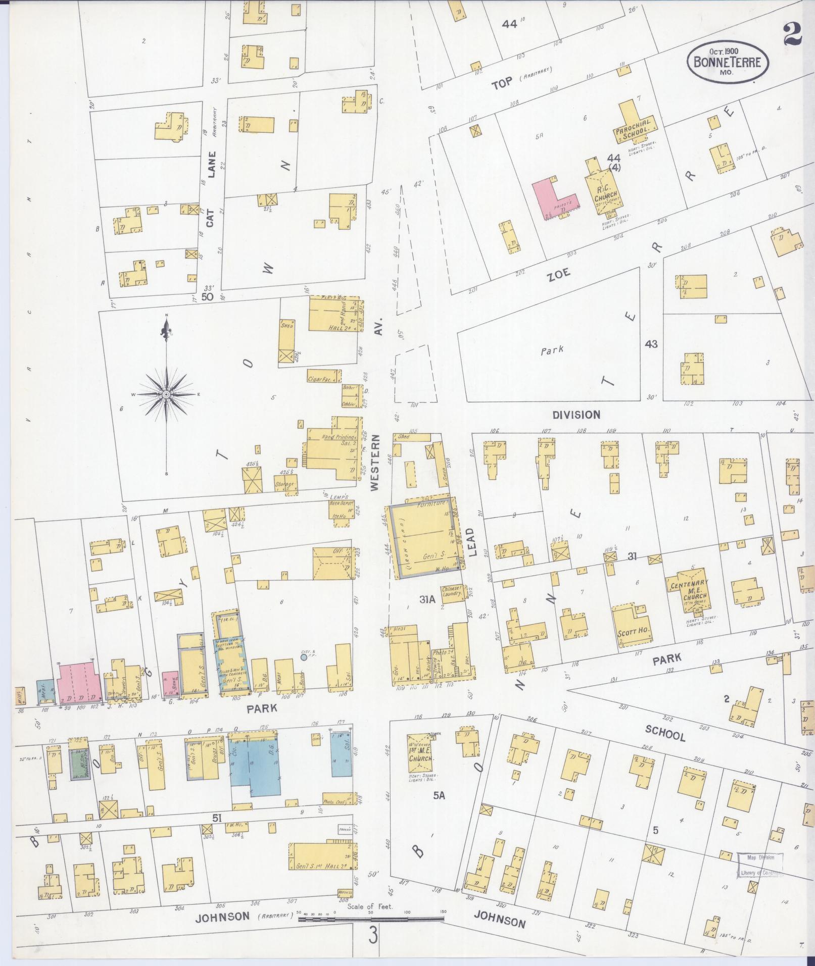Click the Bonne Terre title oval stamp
point(728,63)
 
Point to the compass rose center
point(166,393)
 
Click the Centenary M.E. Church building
point(690,588)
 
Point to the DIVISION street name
point(576,415)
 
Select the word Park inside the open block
point(552,350)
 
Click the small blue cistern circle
point(303,657)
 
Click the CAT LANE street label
point(211,189)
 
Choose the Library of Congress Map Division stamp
point(760,865)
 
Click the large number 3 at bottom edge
point(373,935)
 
